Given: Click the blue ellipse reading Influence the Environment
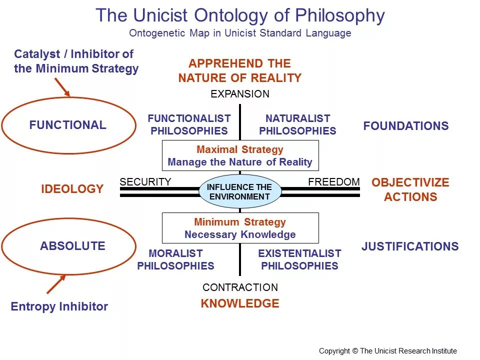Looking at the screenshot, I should pos(240,191).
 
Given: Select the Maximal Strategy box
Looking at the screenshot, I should pos(240,155).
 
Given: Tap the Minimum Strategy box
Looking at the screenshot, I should pos(240,228).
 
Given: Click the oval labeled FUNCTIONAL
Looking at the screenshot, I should pos(68,125).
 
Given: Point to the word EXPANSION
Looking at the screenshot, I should pos(240,94).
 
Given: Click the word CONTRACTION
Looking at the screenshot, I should pos(240,287).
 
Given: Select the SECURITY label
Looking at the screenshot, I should pos(145,182).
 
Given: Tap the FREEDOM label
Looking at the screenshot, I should pos(333,182).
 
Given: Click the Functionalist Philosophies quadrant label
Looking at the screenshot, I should pos(189,125).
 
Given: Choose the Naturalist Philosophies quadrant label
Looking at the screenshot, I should pos(297,125).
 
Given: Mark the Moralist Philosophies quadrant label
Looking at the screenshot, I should pos(175,259).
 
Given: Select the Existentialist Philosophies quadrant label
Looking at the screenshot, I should pos(299,259).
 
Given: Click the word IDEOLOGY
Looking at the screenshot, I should pos(72,189).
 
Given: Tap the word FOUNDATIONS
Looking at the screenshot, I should pos(406,126).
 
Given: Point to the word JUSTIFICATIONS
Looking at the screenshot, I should pos(410,246).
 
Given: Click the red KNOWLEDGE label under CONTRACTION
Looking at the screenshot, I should pos(240,303).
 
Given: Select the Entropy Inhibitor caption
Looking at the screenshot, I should pos(59,306).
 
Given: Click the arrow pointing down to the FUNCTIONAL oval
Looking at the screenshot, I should pos(62,87).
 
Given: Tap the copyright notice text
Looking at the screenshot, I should pos(388,351).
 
